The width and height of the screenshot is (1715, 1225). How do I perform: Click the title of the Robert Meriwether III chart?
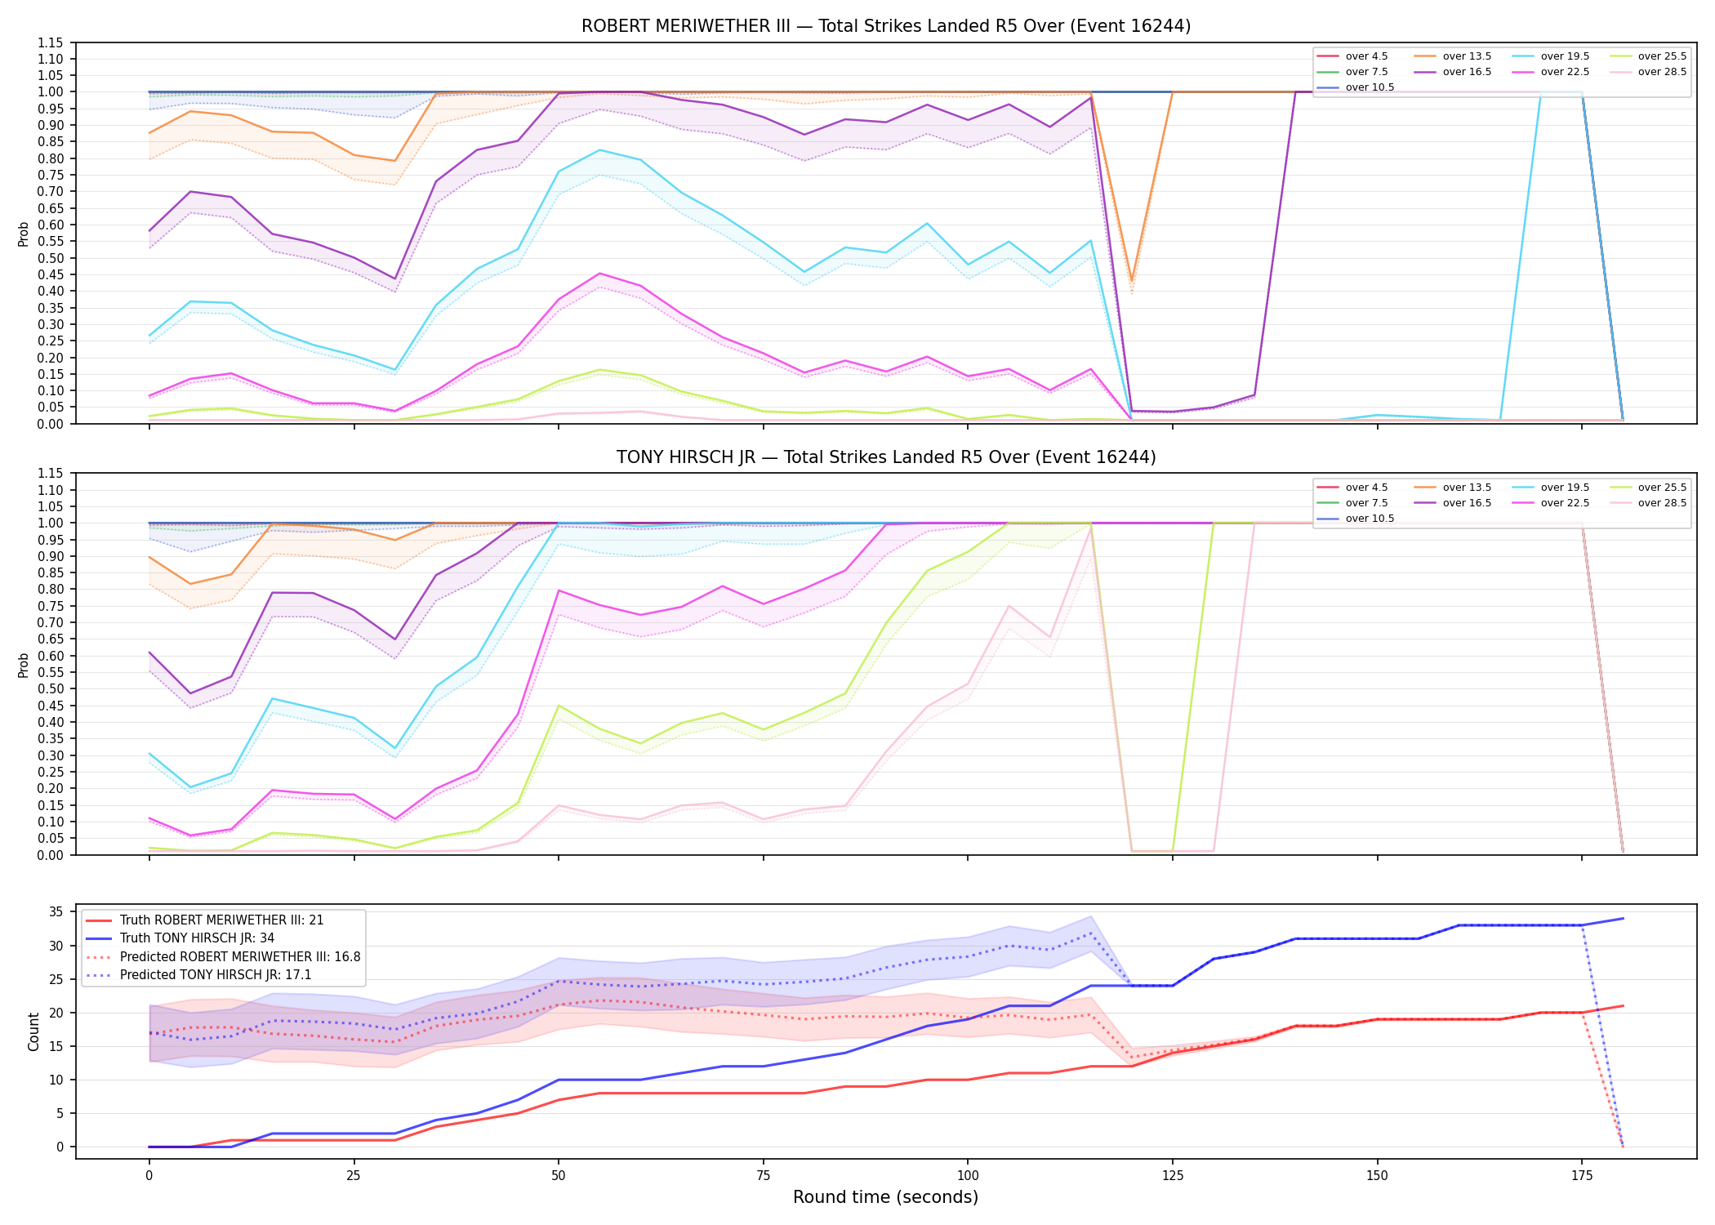coord(886,26)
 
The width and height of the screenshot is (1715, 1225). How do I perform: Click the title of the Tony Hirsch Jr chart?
coord(886,457)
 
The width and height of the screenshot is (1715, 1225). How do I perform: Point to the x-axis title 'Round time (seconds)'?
coord(885,1197)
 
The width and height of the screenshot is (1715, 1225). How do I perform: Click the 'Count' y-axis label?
coord(33,1031)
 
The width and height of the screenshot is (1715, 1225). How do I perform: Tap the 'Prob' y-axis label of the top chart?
coord(24,234)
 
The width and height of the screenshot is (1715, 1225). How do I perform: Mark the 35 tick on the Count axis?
coord(56,912)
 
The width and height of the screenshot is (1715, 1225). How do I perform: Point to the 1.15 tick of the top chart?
coord(51,42)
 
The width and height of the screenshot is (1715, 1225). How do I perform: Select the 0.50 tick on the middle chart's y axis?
coord(51,689)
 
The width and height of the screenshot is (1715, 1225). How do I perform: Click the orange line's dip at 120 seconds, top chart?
coord(1131,281)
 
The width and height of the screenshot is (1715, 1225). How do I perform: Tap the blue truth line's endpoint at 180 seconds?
coord(1623,918)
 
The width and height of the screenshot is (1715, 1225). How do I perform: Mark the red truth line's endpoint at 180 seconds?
coord(1623,1005)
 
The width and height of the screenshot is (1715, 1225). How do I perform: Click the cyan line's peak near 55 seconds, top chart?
coord(599,149)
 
